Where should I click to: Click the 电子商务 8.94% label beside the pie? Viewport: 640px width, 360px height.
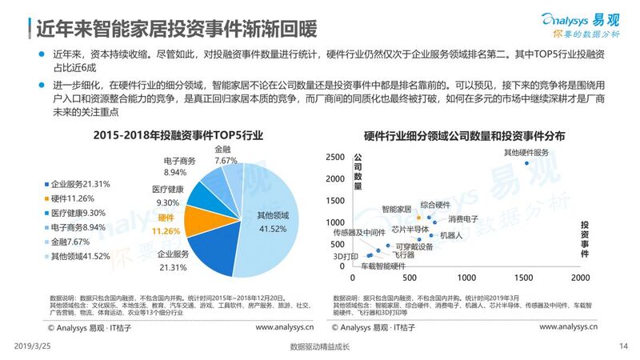pos(182,167)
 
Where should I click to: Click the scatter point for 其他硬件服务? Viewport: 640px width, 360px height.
pos(527,163)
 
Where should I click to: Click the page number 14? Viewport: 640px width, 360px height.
pos(623,346)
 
